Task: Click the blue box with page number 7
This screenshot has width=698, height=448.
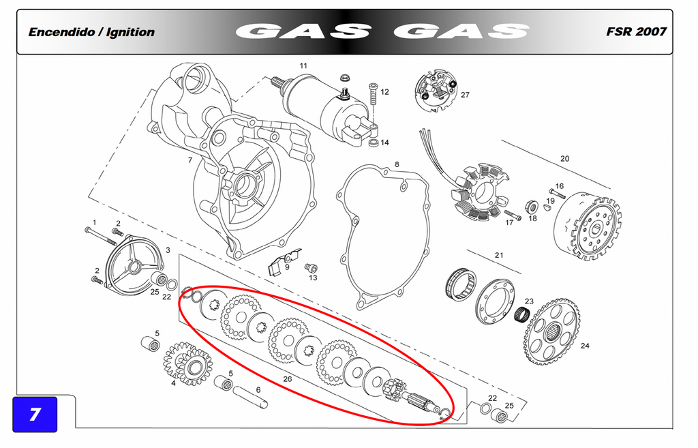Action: (35, 414)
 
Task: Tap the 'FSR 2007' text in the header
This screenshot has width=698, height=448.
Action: (636, 31)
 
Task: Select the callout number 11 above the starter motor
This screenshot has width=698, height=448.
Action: (303, 66)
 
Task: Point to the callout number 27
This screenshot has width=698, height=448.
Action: (465, 95)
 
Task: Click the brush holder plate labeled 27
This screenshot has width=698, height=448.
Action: (436, 91)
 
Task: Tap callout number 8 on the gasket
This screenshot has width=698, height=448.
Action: (397, 165)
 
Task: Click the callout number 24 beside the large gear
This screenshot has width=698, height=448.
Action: (585, 346)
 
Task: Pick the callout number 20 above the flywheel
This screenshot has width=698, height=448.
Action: (564, 158)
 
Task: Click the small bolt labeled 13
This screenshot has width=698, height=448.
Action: (311, 268)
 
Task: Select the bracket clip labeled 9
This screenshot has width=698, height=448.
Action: (284, 262)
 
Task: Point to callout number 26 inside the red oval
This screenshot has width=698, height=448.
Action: (288, 379)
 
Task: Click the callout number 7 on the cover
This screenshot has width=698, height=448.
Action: (190, 160)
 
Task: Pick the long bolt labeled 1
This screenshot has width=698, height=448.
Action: (100, 236)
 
